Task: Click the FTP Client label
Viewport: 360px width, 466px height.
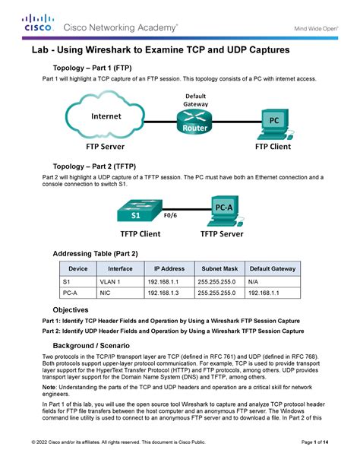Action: [x=276, y=145]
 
